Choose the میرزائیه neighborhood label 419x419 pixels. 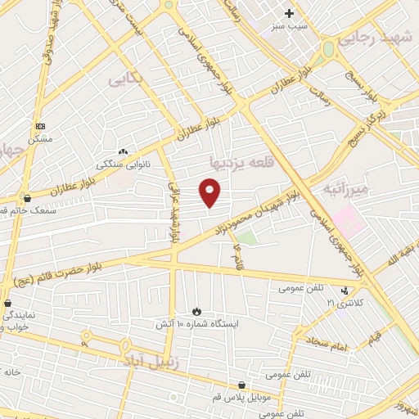click(x=347, y=189)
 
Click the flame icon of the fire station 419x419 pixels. click(x=196, y=311)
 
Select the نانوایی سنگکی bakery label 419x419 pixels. click(x=123, y=164)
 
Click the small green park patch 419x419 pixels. click(x=246, y=238)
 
